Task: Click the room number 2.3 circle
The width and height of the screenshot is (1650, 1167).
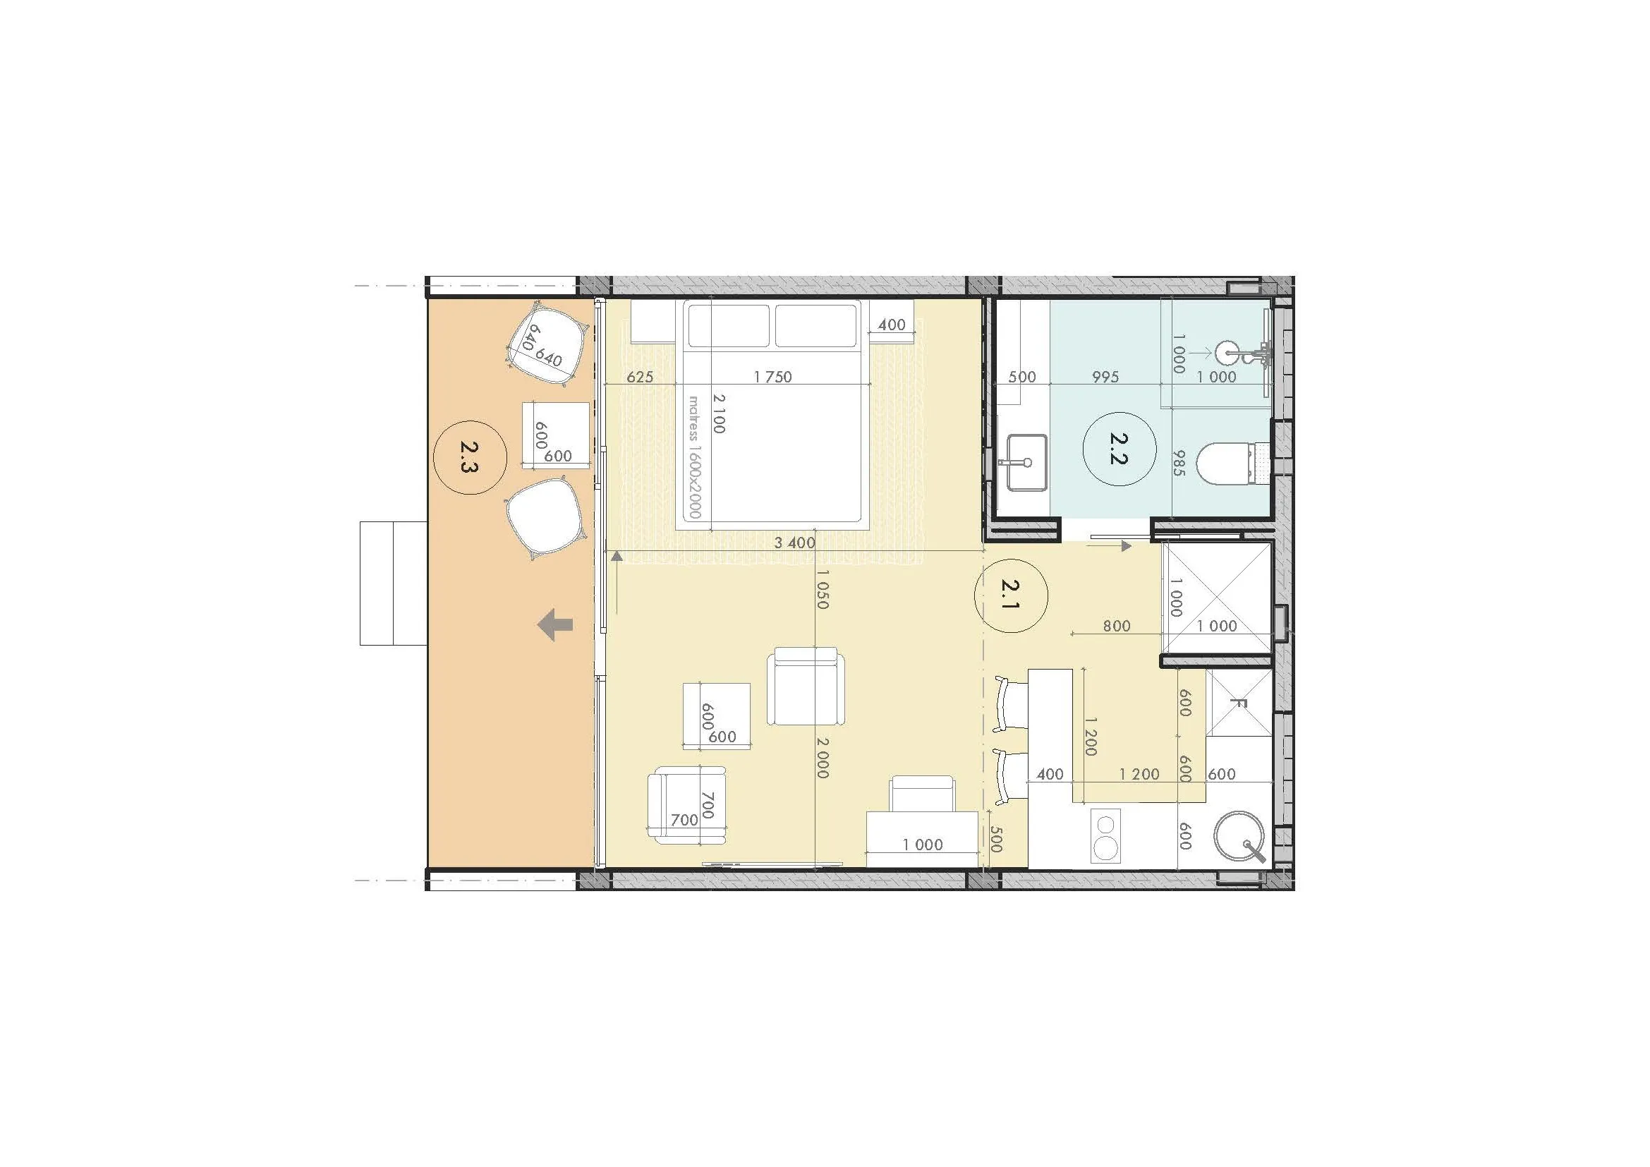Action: coord(471,457)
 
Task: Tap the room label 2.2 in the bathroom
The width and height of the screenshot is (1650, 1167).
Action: coord(1119,449)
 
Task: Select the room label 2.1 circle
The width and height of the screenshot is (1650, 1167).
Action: coord(1010,595)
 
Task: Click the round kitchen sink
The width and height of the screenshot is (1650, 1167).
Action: coord(1239,837)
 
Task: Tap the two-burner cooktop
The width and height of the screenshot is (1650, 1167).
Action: coord(1105,835)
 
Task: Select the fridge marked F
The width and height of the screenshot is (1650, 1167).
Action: coord(1238,703)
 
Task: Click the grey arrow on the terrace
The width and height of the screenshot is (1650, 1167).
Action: coord(555,624)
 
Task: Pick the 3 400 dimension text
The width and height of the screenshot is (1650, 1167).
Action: coord(794,543)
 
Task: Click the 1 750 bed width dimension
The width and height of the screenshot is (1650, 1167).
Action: coord(772,377)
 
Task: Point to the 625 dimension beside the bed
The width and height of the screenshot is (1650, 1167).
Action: coord(640,377)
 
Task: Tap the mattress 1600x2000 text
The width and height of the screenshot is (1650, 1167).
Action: coord(694,457)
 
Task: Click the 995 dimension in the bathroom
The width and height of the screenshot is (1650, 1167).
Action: coord(1105,377)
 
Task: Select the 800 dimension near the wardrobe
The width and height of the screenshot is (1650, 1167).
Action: coord(1116,626)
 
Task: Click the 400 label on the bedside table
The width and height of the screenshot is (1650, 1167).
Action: coord(891,325)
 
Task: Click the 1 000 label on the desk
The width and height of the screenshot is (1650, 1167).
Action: coord(923,845)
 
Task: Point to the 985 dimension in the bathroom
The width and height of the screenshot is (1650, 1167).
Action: coord(1178,463)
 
